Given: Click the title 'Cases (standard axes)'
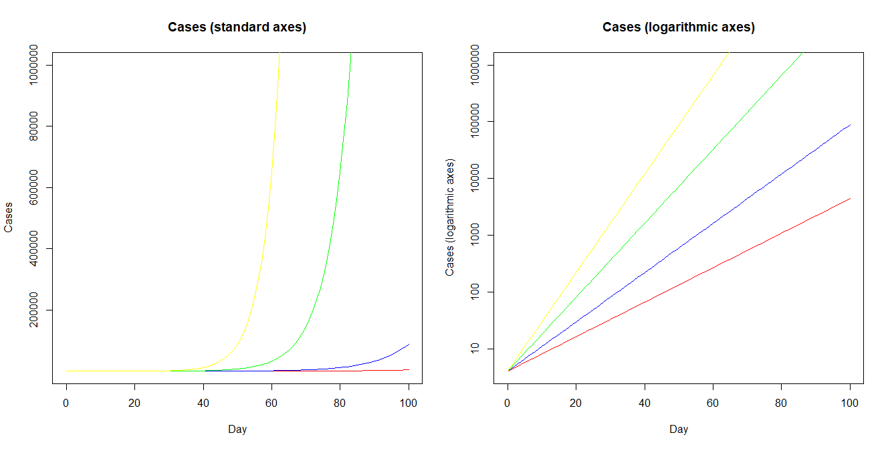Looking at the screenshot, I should tap(237, 27).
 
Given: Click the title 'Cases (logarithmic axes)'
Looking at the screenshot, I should tap(678, 27).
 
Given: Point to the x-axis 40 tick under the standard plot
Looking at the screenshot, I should tap(203, 403).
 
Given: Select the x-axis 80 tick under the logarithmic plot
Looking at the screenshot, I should tap(781, 403).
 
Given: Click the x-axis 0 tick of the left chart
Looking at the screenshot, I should tap(66, 403).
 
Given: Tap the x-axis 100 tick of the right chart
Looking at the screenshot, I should tap(850, 403).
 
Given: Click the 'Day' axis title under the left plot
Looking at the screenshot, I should tap(237, 430).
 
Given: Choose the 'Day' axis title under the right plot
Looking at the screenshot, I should tap(678, 430).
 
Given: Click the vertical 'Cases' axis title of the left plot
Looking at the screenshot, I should tap(9, 217).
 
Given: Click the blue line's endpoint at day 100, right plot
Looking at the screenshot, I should tap(850, 124).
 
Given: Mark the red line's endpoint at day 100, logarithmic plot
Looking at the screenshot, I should tap(850, 198).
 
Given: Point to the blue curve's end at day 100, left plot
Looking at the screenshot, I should tap(409, 345).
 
